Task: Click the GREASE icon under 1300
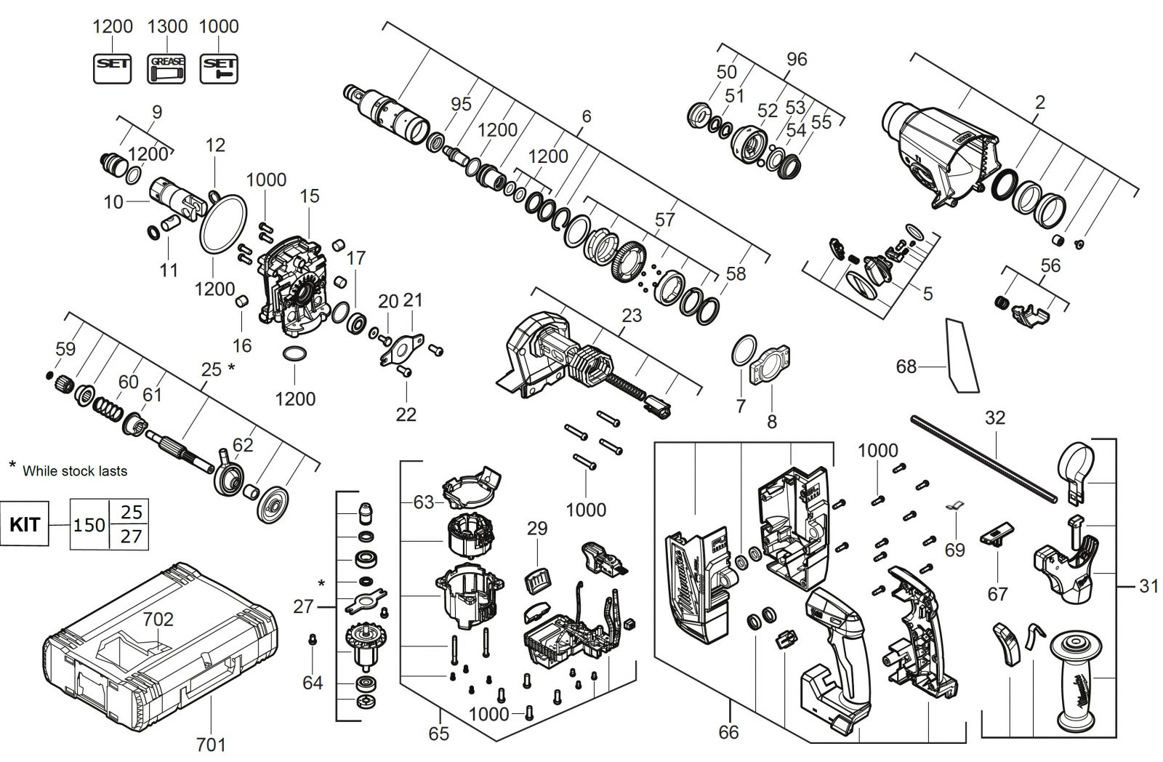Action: tap(166, 68)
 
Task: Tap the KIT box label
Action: tap(25, 524)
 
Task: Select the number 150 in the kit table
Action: tap(89, 525)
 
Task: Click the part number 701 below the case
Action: tap(211, 745)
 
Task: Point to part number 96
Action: tap(797, 59)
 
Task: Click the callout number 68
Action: tap(906, 366)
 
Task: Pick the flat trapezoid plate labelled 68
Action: tap(962, 356)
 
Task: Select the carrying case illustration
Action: tap(159, 643)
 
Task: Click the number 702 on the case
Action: tap(158, 619)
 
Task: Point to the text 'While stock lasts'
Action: tap(75, 471)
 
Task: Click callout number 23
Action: tap(632, 316)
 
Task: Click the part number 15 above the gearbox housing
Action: tap(309, 196)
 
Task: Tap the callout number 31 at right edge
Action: tap(1148, 586)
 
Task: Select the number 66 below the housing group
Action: tap(728, 732)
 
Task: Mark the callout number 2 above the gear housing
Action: tap(1039, 103)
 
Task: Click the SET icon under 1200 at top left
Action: tap(112, 68)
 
